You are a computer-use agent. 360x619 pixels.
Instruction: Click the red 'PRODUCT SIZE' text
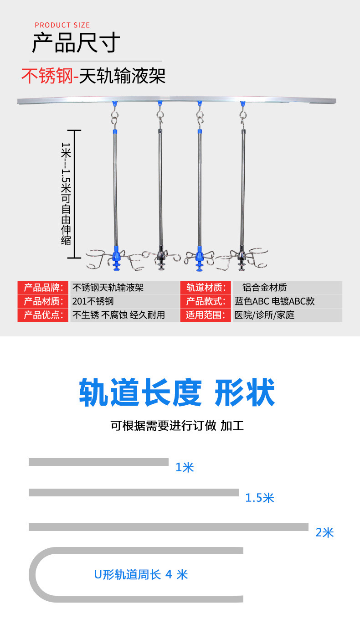(62, 25)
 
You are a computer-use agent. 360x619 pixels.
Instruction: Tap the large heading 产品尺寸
(76, 43)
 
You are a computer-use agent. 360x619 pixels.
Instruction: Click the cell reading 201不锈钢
(93, 301)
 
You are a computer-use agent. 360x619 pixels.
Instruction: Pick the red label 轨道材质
(206, 288)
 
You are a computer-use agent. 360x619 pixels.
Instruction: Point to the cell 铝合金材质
(264, 288)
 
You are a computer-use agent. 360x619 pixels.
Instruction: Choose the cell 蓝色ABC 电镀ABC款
(274, 301)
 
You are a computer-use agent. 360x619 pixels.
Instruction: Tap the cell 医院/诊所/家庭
(264, 315)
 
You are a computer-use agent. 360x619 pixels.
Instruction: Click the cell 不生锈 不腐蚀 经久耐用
(118, 315)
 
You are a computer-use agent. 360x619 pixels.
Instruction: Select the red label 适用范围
(206, 315)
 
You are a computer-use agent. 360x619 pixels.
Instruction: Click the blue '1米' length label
(185, 467)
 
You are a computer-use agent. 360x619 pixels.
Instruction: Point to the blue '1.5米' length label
(260, 498)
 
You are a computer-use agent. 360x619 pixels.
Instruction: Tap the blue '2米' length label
(325, 532)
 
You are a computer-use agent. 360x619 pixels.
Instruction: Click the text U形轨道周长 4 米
(141, 574)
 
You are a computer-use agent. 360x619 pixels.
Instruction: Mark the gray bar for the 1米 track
(98, 462)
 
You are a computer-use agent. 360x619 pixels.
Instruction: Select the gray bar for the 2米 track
(168, 527)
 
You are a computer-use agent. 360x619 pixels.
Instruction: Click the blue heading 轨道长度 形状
(177, 392)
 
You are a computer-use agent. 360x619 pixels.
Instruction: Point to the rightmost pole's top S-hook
(242, 114)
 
